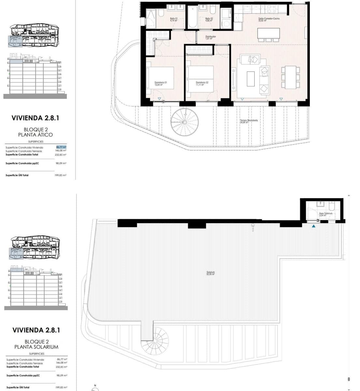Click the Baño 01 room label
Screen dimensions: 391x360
coord(174,20)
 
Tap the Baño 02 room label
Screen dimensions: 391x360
coord(209,20)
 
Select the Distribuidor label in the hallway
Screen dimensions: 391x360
coord(210,37)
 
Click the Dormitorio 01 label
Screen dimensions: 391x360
coord(161,83)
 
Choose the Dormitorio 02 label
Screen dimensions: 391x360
coord(202,83)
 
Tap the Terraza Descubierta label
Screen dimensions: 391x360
coord(249,121)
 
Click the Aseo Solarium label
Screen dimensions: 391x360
coord(325,214)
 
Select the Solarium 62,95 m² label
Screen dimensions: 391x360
coord(210,273)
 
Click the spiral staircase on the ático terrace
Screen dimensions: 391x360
coord(185,122)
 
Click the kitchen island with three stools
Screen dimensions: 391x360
coord(268,34)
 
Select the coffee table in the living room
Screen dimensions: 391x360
coord(251,79)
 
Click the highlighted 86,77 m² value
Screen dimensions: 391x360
coord(61,147)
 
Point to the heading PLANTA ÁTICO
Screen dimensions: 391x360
coord(36,135)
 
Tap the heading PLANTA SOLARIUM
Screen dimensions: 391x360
coord(36,347)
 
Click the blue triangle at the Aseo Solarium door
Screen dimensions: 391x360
coord(313,225)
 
